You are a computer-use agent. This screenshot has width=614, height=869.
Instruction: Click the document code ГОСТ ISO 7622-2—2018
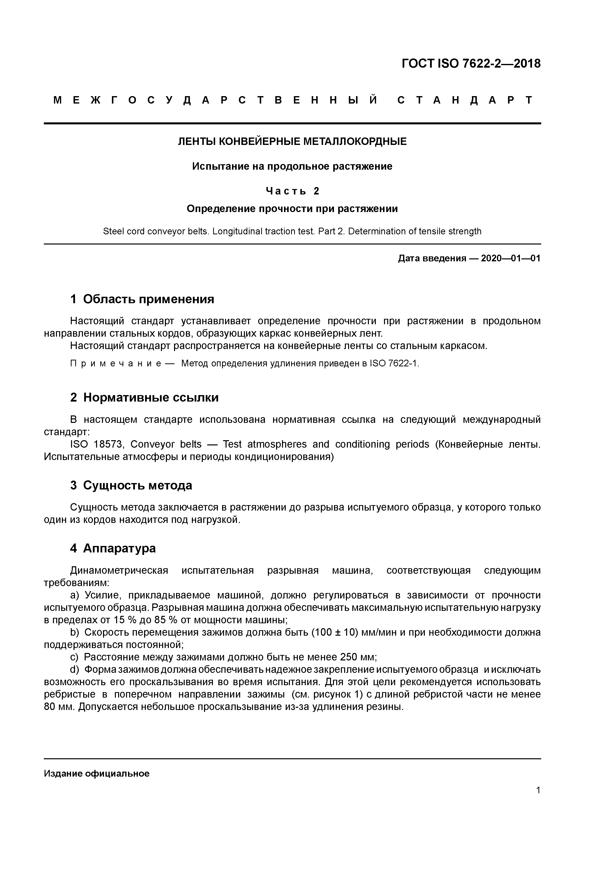pyautogui.click(x=471, y=64)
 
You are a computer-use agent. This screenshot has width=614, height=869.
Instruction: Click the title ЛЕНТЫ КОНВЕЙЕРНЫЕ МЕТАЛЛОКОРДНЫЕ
pyautogui.click(x=292, y=141)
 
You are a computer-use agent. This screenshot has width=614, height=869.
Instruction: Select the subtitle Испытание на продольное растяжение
pyautogui.click(x=292, y=166)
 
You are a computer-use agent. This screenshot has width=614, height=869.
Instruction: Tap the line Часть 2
pyautogui.click(x=292, y=191)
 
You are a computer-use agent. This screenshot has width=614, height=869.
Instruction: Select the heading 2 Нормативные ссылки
pyautogui.click(x=144, y=397)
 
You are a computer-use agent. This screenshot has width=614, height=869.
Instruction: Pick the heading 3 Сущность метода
pyautogui.click(x=131, y=485)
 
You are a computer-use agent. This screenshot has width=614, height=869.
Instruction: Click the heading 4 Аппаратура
pyautogui.click(x=113, y=548)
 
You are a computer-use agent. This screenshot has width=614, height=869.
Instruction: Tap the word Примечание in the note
pyautogui.click(x=116, y=364)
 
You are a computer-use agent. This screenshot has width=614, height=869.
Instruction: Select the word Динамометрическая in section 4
pyautogui.click(x=119, y=570)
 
